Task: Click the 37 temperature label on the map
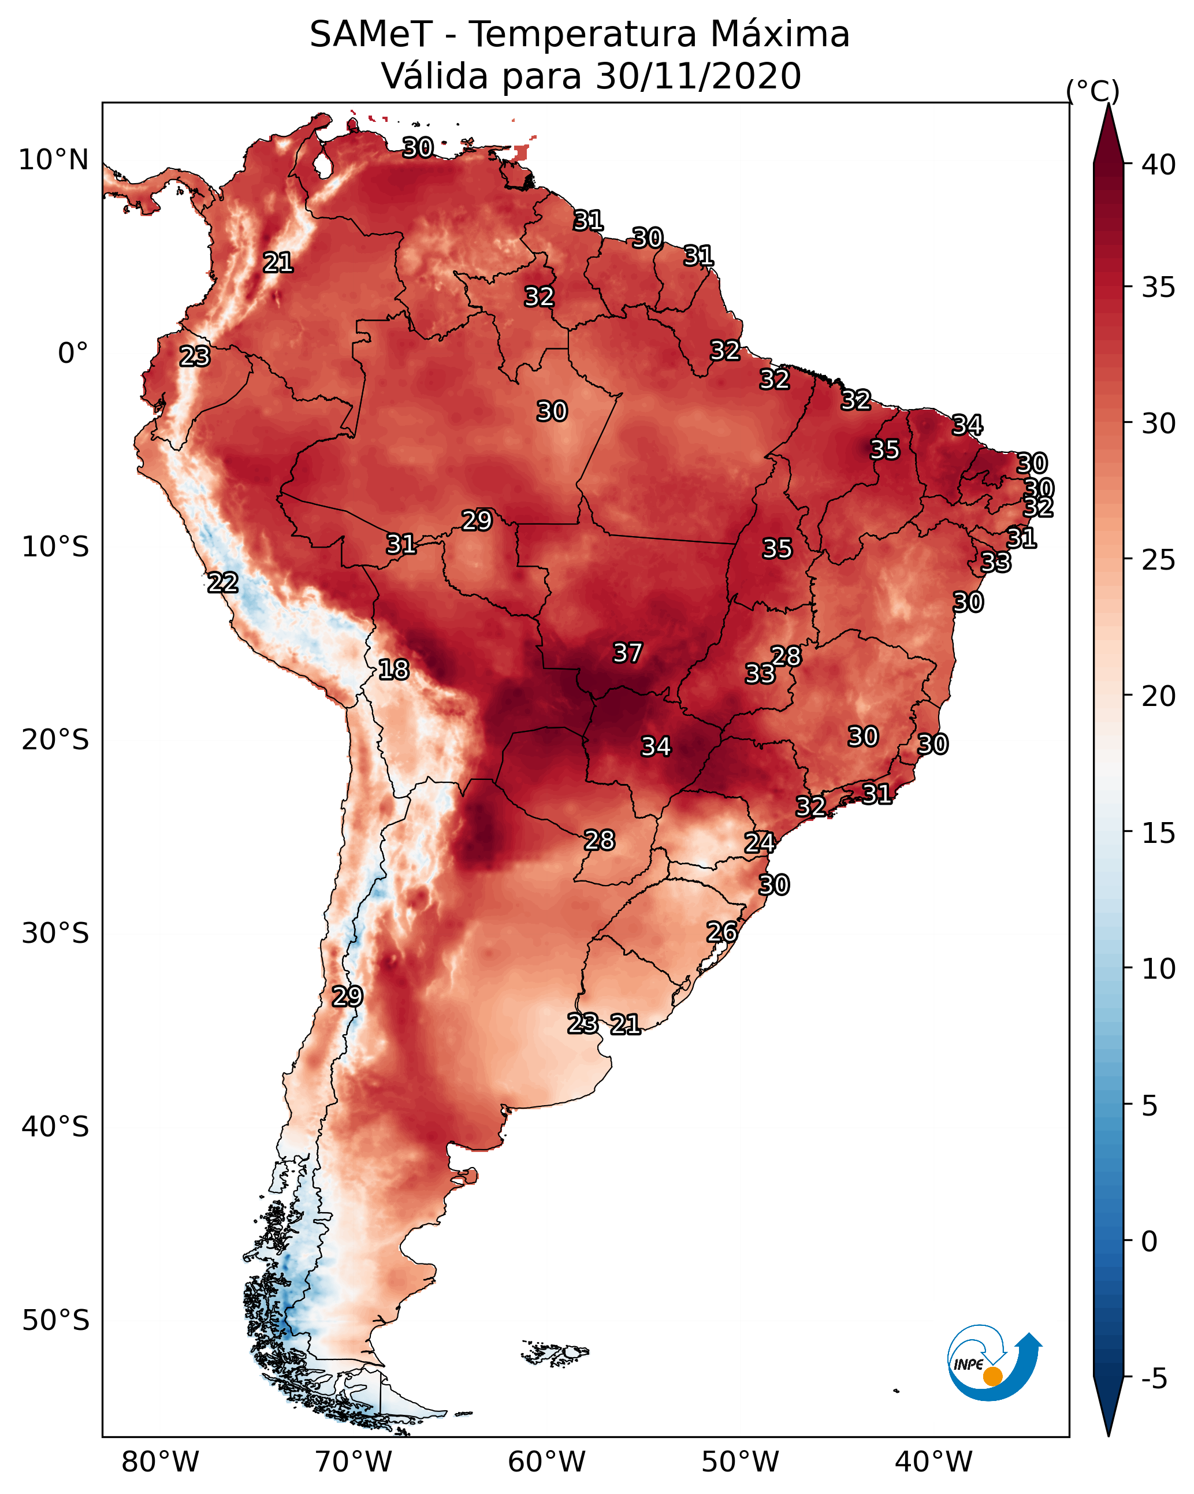point(628,653)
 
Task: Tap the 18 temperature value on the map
point(393,670)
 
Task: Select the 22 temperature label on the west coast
point(223,583)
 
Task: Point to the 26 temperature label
point(721,932)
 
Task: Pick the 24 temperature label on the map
point(760,843)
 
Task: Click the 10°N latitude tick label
point(53,160)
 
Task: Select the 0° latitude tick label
point(73,354)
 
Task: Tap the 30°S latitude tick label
point(55,934)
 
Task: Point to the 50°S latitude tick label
point(55,1320)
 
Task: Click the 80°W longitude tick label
point(160,1462)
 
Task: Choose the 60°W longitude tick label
point(547,1462)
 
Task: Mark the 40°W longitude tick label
point(933,1462)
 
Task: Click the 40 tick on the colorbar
point(1159,165)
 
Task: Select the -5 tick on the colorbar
point(1154,1378)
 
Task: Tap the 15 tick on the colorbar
point(1159,833)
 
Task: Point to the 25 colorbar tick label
point(1159,560)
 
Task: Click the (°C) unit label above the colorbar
point(1093,91)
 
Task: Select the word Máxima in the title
point(780,35)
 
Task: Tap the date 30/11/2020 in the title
point(698,76)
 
